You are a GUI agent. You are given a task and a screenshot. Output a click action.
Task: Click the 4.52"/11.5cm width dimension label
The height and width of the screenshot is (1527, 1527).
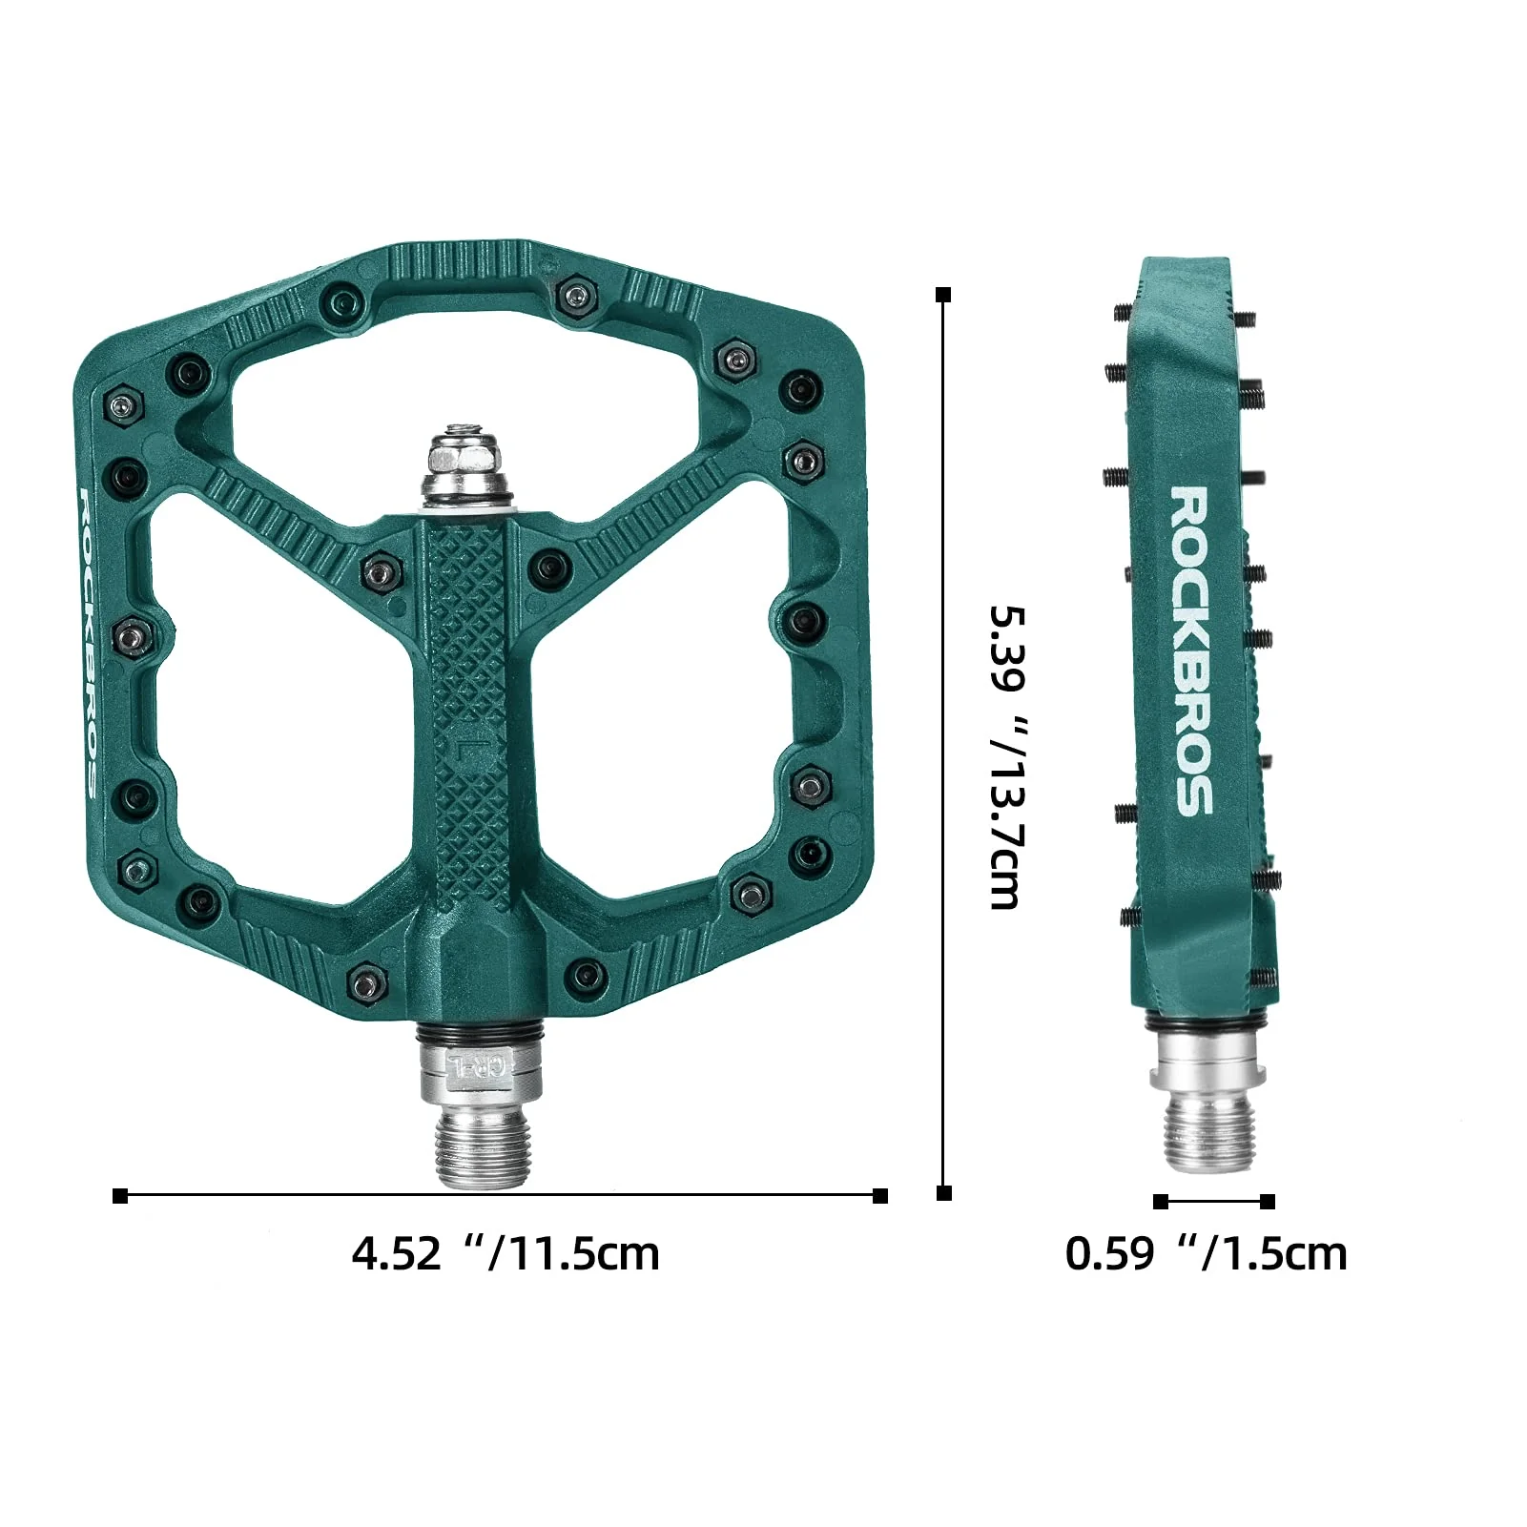pos(506,1252)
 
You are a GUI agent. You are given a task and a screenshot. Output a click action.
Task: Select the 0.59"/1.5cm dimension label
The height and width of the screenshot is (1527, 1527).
pos(1206,1252)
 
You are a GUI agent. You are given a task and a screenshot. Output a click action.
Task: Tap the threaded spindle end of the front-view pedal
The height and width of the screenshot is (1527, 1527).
pos(483,1150)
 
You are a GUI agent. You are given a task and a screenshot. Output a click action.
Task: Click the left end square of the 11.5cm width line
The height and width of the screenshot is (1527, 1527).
pos(120,1196)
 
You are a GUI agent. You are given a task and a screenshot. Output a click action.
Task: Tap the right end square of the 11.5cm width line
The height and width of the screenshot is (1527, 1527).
pos(880,1196)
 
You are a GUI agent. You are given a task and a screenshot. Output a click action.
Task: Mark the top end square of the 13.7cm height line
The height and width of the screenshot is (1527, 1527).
pos(944,295)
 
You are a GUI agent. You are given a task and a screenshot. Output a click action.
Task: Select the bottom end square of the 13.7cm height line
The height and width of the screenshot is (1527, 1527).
pos(944,1193)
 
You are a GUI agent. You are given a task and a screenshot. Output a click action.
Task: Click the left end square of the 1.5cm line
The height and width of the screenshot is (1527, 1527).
pos(1161,1202)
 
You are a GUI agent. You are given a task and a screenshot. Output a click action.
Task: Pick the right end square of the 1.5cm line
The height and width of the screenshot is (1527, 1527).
pos(1268,1202)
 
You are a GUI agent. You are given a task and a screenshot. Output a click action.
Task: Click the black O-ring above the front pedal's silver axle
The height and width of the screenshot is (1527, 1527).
pos(480,1034)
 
